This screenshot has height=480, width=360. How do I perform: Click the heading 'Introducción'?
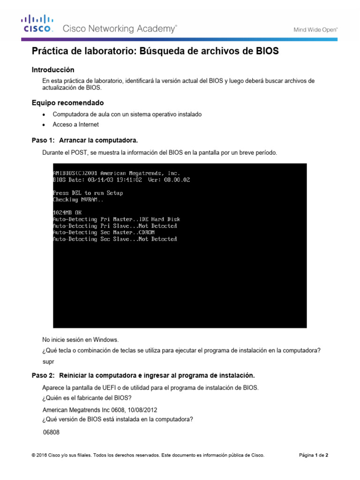(53, 69)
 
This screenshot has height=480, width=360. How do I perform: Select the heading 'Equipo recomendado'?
(67, 103)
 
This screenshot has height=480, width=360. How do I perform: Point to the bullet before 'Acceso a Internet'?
(44, 125)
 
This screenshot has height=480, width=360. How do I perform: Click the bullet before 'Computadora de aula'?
(44, 115)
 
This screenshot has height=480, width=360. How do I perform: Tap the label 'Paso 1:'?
(43, 140)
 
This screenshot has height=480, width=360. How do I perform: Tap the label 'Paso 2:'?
(43, 375)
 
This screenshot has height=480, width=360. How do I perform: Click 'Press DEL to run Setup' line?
(88, 193)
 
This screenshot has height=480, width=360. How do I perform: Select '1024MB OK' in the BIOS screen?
(67, 212)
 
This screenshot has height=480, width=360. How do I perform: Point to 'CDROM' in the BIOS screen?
(146, 232)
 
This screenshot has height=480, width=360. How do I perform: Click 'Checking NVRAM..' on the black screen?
(79, 199)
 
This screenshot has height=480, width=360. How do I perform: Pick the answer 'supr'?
(48, 361)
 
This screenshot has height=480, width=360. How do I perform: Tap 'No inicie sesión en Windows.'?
(81, 339)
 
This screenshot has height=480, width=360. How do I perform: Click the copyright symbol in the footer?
(33, 455)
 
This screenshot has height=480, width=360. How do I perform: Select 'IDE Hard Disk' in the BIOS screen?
(159, 219)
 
